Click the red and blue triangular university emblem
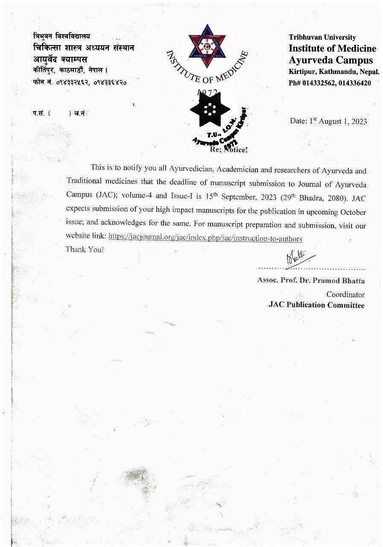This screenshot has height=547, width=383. pyautogui.click(x=207, y=46)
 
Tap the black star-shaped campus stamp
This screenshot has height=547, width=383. pyautogui.click(x=209, y=109)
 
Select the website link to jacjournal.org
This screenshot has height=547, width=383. pyautogui.click(x=205, y=238)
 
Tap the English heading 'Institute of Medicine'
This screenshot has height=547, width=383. pyautogui.click(x=332, y=48)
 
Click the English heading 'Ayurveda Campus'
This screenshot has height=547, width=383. pyautogui.click(x=330, y=60)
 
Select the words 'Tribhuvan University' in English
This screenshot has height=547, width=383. pyautogui.click(x=322, y=37)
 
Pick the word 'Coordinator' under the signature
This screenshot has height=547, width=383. pyautogui.click(x=345, y=294)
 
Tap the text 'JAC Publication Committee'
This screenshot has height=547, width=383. pyautogui.click(x=316, y=305)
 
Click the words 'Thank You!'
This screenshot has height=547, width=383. pyautogui.click(x=85, y=249)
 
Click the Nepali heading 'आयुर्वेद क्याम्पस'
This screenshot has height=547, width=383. pyautogui.click(x=60, y=59)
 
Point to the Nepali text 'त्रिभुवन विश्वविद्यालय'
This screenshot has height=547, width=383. pyautogui.click(x=61, y=37)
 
